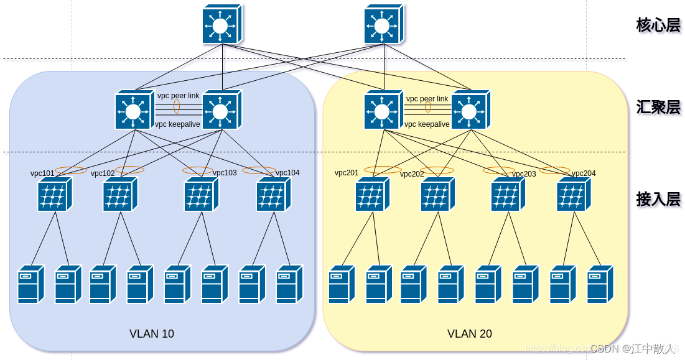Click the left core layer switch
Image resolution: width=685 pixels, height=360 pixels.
221,25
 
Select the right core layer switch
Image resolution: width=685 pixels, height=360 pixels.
383,25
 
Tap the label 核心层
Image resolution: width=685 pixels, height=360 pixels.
658,25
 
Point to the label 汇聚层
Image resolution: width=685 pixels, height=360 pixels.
658,107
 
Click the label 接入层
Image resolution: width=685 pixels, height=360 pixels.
658,200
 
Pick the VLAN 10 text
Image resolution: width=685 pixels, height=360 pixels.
152,334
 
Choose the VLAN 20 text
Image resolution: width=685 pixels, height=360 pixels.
470,334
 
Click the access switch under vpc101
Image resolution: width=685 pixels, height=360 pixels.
54,195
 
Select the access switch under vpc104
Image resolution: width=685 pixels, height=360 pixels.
273,195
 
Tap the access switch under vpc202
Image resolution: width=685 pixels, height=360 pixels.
437,195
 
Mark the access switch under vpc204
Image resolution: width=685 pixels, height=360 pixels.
573,195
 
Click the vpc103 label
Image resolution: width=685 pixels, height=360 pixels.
225,173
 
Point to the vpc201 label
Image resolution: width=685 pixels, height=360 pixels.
347,173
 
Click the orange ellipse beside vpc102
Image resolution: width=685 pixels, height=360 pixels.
129,170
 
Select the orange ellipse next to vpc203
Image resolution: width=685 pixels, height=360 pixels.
498,170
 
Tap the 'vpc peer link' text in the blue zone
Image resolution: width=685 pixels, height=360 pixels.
178,96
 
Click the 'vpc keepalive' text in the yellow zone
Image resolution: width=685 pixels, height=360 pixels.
427,124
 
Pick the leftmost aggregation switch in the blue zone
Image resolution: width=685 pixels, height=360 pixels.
134,110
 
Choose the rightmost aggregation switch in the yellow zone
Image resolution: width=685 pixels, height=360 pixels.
470,110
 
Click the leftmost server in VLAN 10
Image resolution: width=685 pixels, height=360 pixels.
30,284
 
